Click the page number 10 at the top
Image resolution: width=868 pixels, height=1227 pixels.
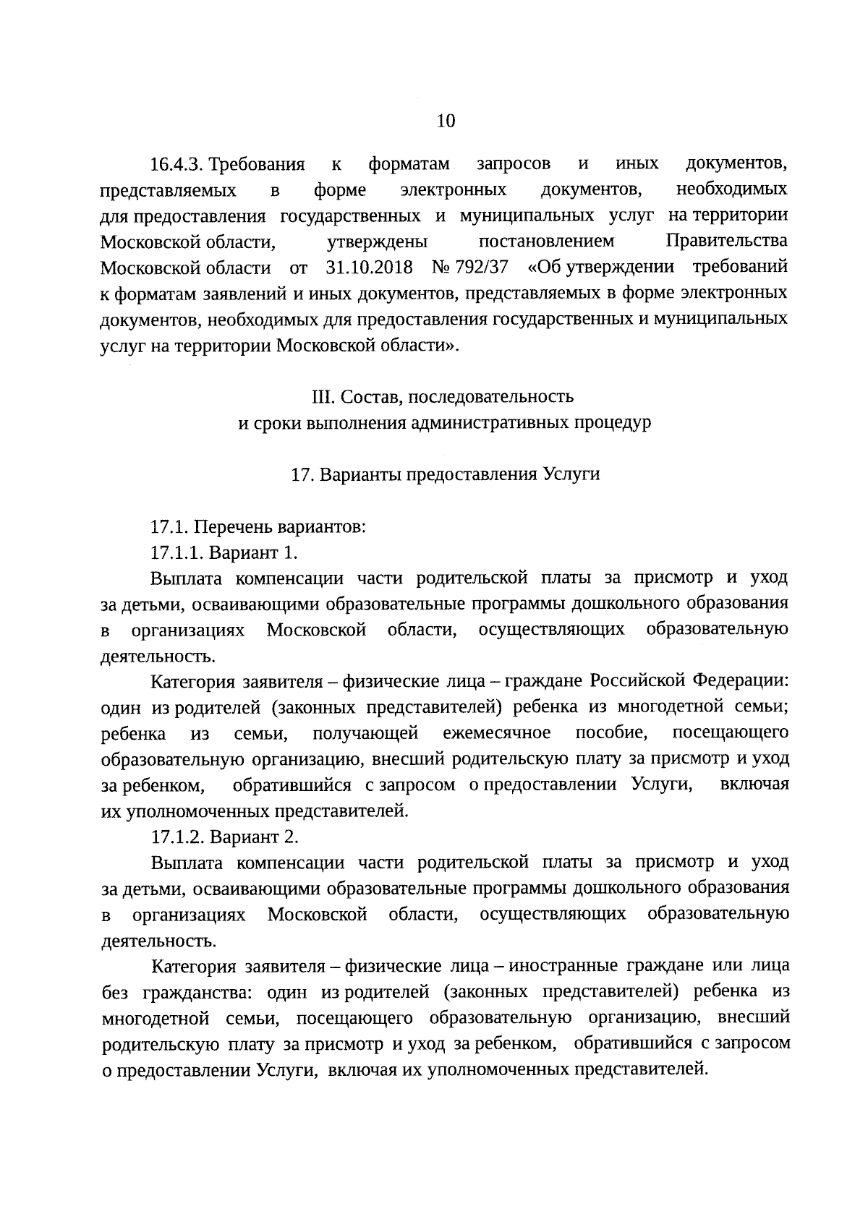(446, 121)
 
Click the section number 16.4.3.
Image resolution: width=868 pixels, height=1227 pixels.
(179, 165)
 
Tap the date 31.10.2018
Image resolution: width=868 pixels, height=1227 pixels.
(369, 268)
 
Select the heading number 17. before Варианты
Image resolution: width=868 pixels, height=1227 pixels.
(300, 475)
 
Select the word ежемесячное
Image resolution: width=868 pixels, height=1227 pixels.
(497, 733)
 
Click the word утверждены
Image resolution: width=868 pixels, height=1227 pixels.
(377, 241)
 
